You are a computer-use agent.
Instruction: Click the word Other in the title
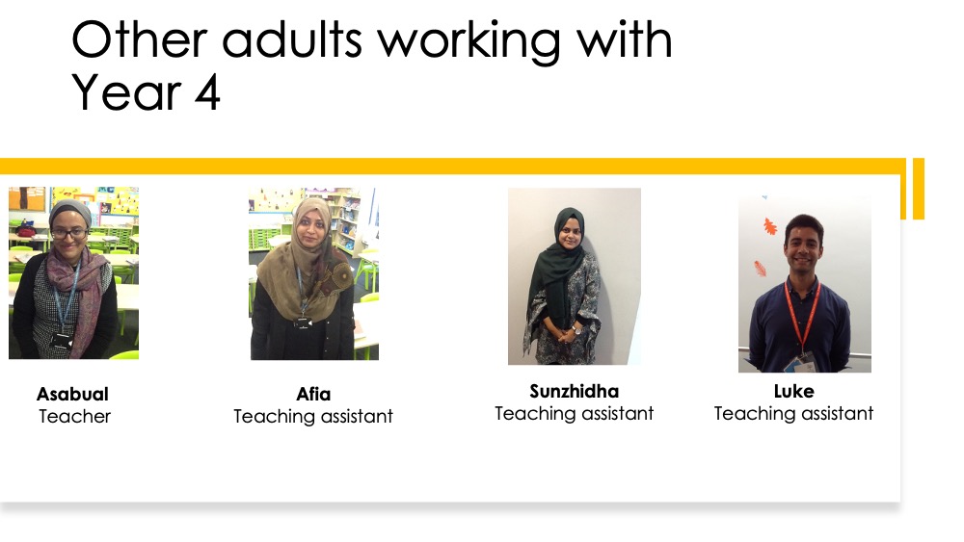tap(140, 39)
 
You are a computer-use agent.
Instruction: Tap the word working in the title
tap(469, 42)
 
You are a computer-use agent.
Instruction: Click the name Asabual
tap(72, 394)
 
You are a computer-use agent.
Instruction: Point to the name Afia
tap(313, 394)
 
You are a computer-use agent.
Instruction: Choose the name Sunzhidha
tap(575, 391)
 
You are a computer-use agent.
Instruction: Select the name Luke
tap(793, 391)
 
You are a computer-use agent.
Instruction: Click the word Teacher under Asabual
tap(75, 416)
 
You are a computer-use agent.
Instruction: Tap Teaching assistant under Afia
tap(313, 417)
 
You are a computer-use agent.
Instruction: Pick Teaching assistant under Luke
tap(793, 414)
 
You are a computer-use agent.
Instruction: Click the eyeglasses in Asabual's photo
tap(68, 233)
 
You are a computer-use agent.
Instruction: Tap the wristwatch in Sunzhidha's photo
tap(577, 329)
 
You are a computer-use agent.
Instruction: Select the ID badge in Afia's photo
tap(302, 322)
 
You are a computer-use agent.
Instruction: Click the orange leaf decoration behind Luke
tap(769, 226)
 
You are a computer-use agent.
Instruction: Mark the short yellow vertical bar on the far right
tap(919, 189)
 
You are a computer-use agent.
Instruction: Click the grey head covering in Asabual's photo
tap(69, 212)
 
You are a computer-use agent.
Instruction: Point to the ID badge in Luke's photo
tap(806, 362)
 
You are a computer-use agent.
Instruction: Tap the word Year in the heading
tap(126, 93)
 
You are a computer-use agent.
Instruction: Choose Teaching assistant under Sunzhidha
tap(575, 414)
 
